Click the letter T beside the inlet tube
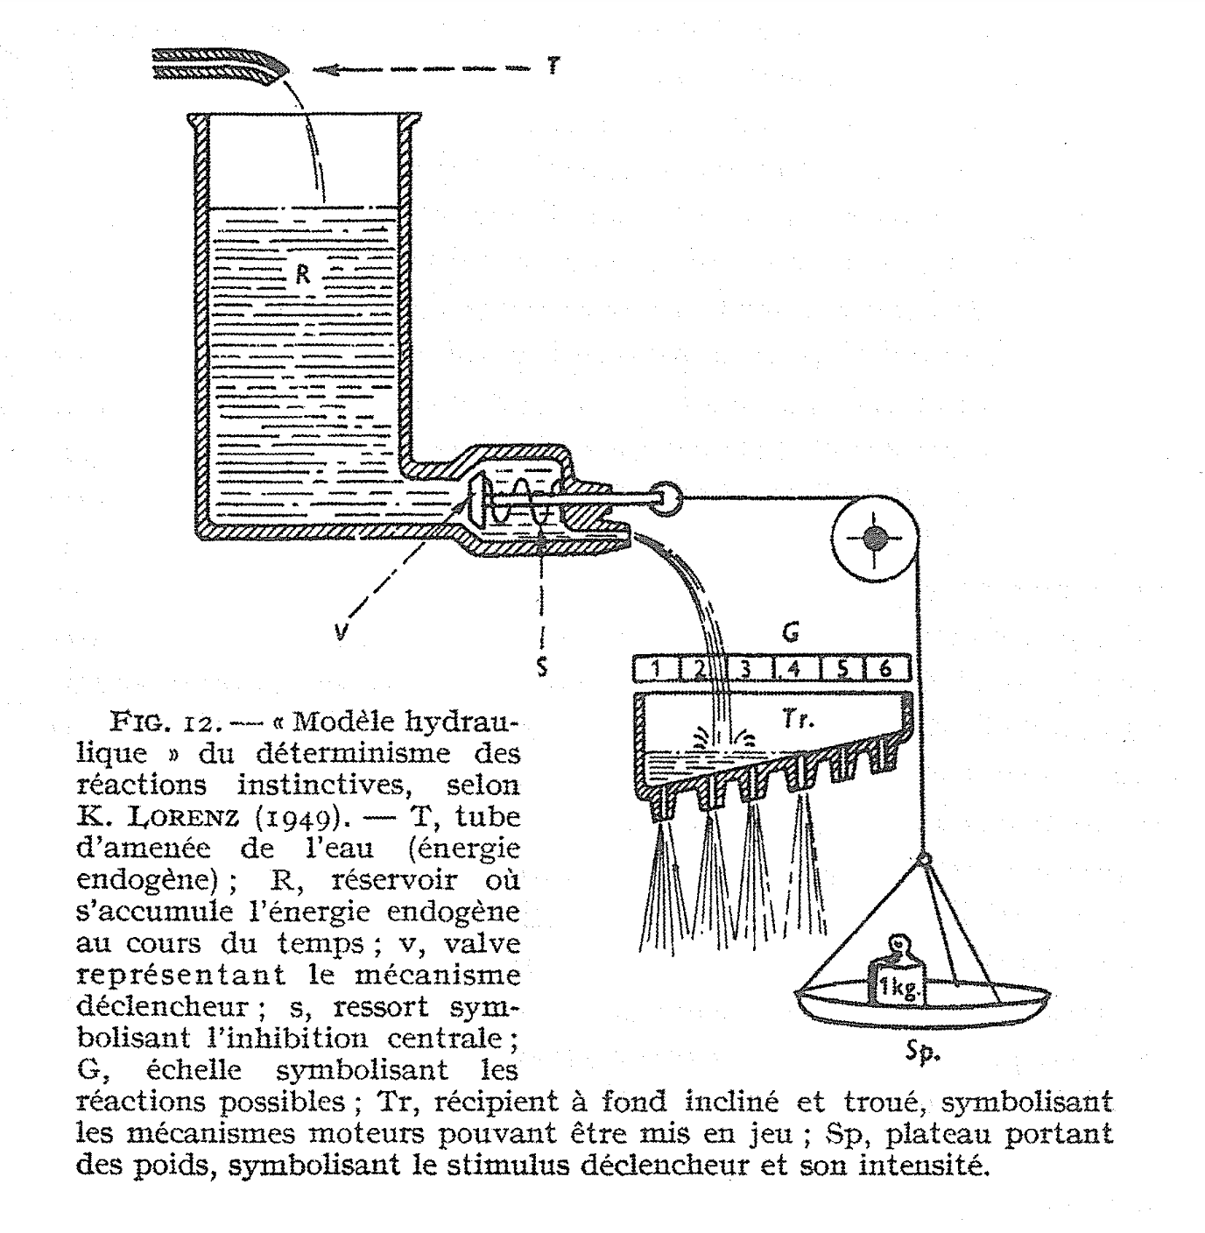tap(553, 67)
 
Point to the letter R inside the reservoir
tap(303, 274)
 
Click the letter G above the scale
tap(791, 631)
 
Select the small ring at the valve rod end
tap(672, 498)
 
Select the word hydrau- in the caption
tap(445, 723)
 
